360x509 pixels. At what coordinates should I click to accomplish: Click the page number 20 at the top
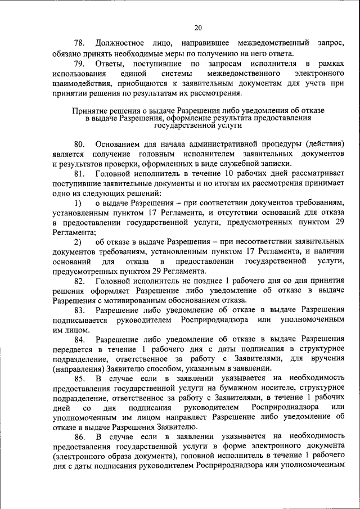click(197, 27)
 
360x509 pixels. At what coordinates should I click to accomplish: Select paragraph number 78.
click(79, 43)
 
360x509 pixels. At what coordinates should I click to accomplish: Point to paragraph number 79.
click(79, 65)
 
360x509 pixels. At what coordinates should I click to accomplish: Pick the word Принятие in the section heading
click(91, 111)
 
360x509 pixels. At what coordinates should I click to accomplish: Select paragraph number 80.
click(79, 145)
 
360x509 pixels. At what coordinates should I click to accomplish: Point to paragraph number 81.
click(79, 174)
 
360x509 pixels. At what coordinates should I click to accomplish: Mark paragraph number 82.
click(79, 280)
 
